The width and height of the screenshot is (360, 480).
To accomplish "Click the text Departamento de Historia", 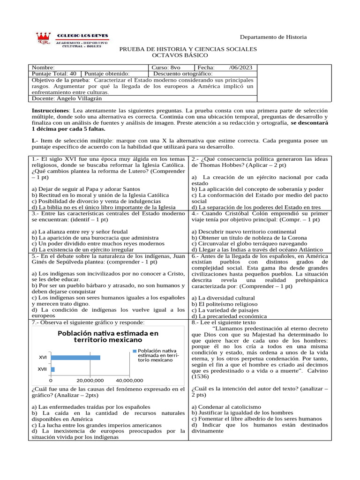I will pos(273,37).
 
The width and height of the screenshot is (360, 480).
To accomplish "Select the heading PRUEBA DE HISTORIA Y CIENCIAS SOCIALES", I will pos(188,49).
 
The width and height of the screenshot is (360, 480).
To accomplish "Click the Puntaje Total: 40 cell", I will pos(54,74).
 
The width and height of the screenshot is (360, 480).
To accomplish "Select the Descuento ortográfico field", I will pos(183,74).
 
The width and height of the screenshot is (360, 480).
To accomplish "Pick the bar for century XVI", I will pos(75,357).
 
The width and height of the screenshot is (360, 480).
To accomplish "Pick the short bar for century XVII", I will pos(52,369).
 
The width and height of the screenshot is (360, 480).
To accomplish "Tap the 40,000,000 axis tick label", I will pos(129,380).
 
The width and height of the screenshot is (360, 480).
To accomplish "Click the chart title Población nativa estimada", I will pos(107,336).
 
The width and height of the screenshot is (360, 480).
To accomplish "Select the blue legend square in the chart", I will pos(135,351).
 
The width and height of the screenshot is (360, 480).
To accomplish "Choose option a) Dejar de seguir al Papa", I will pos(73,189).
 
